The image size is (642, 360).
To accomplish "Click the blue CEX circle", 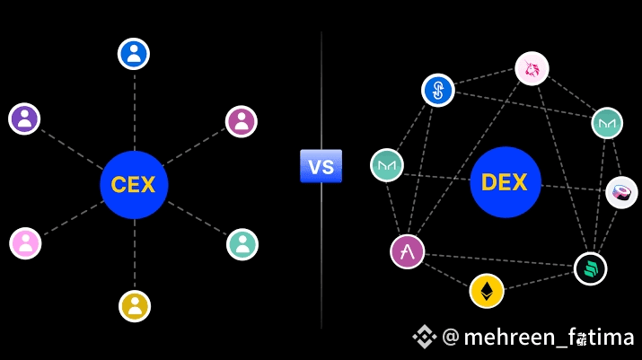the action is pyautogui.click(x=134, y=185).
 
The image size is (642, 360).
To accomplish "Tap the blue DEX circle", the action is pyautogui.click(x=504, y=183).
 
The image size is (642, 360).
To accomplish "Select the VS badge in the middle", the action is pyautogui.click(x=321, y=166).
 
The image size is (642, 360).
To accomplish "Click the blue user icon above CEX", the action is pyautogui.click(x=134, y=54).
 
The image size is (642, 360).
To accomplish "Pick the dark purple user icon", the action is pyautogui.click(x=25, y=119).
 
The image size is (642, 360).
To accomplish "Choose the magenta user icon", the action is pyautogui.click(x=241, y=121).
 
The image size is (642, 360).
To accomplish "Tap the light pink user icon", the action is pyautogui.click(x=26, y=242).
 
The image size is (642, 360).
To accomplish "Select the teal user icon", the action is pyautogui.click(x=242, y=243).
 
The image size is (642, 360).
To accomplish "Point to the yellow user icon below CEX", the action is pyautogui.click(x=135, y=305).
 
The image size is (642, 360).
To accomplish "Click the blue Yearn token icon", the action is pyautogui.click(x=438, y=90).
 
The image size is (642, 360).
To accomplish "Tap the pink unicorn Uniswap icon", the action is pyautogui.click(x=532, y=68).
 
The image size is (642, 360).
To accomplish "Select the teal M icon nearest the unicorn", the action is pyautogui.click(x=607, y=123).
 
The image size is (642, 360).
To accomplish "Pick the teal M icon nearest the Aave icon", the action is pyautogui.click(x=388, y=164).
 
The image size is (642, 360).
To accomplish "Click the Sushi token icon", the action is pyautogui.click(x=621, y=192).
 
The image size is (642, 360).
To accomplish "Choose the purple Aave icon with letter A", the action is pyautogui.click(x=407, y=250).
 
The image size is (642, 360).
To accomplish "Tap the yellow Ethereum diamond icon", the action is pyautogui.click(x=487, y=291).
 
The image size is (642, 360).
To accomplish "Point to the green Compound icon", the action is pyautogui.click(x=591, y=268).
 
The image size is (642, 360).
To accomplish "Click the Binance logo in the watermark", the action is pyautogui.click(x=424, y=337).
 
